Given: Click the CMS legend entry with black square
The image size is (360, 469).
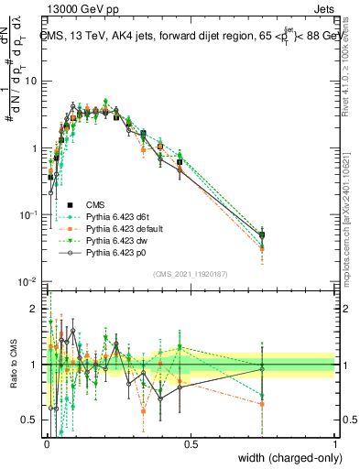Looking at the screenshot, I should (95, 203).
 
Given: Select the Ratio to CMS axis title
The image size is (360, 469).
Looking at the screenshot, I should (12, 365).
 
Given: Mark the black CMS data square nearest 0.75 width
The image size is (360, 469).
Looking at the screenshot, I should (263, 234).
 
